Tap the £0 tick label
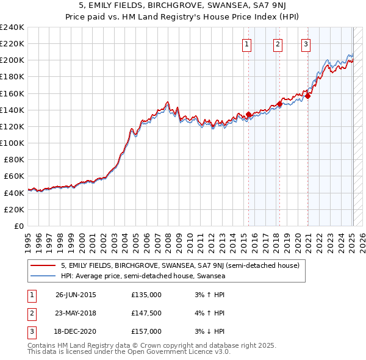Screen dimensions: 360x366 tap(19, 226)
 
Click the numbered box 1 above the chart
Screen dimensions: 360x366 tap(247, 43)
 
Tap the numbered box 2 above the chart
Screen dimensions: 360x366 tap(278, 43)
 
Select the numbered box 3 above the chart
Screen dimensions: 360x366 tap(305, 43)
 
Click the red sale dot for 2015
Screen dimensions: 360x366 tap(248, 114)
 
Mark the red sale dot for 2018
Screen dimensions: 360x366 tap(279, 104)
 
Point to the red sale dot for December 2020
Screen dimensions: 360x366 tap(308, 96)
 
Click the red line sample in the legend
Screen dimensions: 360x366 tap(43, 266)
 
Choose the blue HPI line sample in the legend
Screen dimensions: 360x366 tap(43, 276)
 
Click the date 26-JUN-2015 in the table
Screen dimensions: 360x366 tap(76, 295)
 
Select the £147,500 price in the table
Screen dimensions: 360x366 tap(146, 313)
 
